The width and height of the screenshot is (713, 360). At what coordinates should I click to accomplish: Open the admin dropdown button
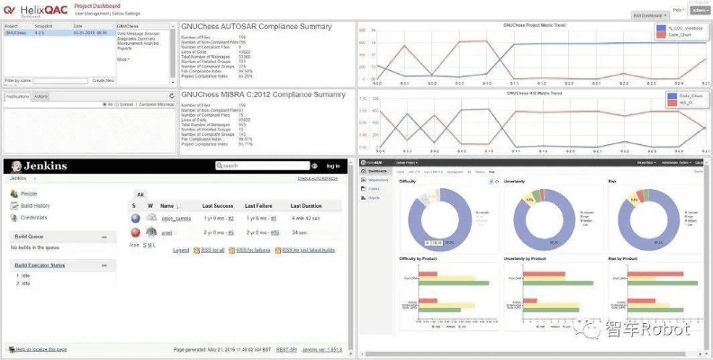pyautogui.click(x=698, y=9)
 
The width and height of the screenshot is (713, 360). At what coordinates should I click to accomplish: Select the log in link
pyautogui.click(x=333, y=166)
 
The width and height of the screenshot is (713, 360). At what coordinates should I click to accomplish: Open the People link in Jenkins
pyautogui.click(x=29, y=193)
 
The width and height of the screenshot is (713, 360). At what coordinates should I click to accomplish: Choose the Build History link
pyautogui.click(x=36, y=206)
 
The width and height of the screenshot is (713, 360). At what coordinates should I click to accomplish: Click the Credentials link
pyautogui.click(x=34, y=218)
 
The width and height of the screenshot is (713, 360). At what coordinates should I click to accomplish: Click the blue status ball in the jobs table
pyautogui.click(x=135, y=218)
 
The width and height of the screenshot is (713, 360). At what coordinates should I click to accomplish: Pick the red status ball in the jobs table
pyautogui.click(x=135, y=231)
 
